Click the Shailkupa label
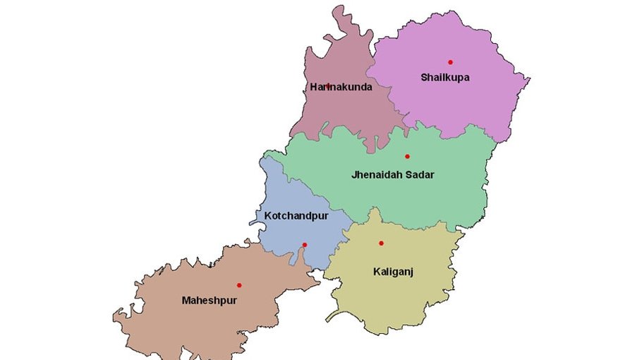[444, 77]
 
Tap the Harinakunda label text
[341, 87]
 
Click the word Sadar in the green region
[419, 174]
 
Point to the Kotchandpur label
[296, 215]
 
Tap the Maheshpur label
[209, 300]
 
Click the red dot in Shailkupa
[450, 62]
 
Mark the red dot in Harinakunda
[328, 86]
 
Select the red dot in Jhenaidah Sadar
[407, 156]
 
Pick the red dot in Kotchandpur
[305, 245]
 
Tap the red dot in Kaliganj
[381, 243]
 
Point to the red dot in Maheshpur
[239, 285]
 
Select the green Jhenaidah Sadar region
[437, 198]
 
